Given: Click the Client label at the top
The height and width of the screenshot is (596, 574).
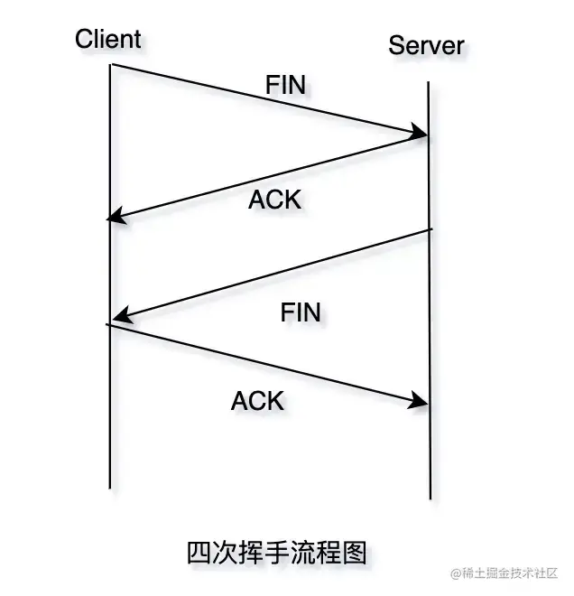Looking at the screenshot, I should click(108, 39).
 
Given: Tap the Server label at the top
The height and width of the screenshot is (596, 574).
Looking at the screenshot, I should click(426, 44).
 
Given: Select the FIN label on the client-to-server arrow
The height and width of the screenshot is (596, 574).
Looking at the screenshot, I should click(285, 85).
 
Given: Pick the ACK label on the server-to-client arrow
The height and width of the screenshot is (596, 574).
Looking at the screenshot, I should click(274, 200).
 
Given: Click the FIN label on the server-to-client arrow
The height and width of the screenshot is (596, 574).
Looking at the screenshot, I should click(301, 312).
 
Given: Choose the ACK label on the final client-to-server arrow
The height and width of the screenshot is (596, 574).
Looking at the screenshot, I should click(257, 400).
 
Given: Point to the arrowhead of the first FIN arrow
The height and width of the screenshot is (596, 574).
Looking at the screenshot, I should click(421, 135).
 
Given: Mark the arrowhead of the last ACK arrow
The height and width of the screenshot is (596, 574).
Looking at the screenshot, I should click(421, 401).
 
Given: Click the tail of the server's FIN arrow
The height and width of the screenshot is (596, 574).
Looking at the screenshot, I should click(430, 230).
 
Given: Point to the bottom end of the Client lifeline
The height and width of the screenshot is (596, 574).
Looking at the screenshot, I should click(110, 487).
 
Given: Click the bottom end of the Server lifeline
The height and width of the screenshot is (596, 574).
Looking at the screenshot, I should click(430, 498).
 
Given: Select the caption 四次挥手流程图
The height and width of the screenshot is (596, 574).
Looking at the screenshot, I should click(277, 552).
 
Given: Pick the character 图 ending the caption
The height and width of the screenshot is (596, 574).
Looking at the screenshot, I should click(356, 552).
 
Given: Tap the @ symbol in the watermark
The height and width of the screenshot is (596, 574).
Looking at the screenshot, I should click(457, 574).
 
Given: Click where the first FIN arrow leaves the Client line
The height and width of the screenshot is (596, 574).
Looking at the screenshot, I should click(111, 65).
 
